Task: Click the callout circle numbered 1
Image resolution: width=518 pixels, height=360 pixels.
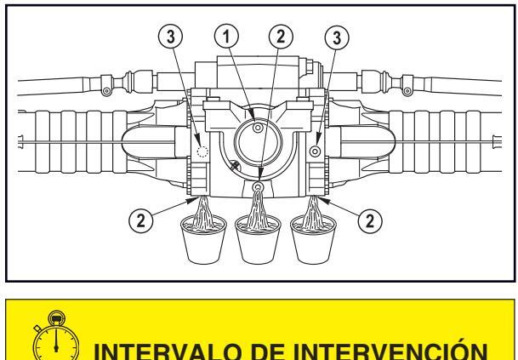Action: pyautogui.click(x=226, y=36)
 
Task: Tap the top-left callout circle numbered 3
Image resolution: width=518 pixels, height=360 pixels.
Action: pyautogui.click(x=170, y=37)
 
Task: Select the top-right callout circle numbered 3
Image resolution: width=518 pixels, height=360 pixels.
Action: pyautogui.click(x=337, y=37)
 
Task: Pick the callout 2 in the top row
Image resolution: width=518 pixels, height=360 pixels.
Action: pyautogui.click(x=281, y=36)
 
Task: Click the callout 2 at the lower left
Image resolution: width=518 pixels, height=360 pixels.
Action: pyautogui.click(x=140, y=220)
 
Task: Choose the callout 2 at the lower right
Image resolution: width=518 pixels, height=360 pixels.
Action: pyautogui.click(x=370, y=220)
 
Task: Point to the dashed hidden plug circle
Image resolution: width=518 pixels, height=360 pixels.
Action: pyautogui.click(x=202, y=151)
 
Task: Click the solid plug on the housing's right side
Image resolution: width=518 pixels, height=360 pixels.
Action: pyautogui.click(x=316, y=151)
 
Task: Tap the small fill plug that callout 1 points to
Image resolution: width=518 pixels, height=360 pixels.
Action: pyautogui.click(x=258, y=128)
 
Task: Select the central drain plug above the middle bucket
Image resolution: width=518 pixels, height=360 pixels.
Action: pyautogui.click(x=257, y=187)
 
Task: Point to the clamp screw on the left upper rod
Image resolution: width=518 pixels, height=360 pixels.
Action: pyautogui.click(x=106, y=90)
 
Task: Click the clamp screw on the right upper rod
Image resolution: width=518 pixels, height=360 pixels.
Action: pyautogui.click(x=407, y=90)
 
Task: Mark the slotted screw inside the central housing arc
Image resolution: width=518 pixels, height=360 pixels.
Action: pyautogui.click(x=236, y=165)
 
